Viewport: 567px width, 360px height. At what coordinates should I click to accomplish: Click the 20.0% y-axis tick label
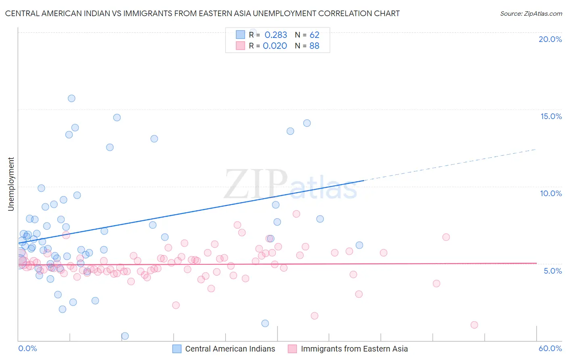(x=550, y=39)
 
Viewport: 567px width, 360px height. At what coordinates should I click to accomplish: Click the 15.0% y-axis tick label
(x=551, y=116)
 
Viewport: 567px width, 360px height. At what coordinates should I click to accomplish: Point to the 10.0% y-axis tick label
(x=551, y=193)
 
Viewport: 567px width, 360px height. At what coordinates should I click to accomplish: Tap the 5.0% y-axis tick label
(x=552, y=271)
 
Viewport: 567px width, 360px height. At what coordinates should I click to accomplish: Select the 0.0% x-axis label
(x=27, y=348)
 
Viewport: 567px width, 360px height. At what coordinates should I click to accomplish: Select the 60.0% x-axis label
(x=550, y=348)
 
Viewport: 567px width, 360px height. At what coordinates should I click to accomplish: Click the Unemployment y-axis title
(x=11, y=184)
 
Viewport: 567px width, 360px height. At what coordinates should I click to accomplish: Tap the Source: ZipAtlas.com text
(x=531, y=14)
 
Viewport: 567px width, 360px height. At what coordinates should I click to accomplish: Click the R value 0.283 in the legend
(x=276, y=35)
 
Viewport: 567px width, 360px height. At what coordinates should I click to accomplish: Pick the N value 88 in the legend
(x=314, y=46)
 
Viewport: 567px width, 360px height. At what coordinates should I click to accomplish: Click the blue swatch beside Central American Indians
(x=177, y=349)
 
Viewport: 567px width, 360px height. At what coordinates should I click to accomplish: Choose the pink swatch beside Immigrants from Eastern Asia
(x=292, y=349)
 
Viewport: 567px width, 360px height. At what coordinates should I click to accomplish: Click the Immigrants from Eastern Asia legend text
(x=354, y=349)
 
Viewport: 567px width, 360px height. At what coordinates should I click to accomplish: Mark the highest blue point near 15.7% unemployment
(x=71, y=98)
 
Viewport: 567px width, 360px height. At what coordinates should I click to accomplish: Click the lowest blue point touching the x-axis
(x=125, y=336)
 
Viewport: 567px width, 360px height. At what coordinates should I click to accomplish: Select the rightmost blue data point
(x=359, y=245)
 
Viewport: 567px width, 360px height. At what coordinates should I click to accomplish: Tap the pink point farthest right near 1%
(x=474, y=325)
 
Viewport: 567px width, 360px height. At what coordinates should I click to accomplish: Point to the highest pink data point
(x=296, y=214)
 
